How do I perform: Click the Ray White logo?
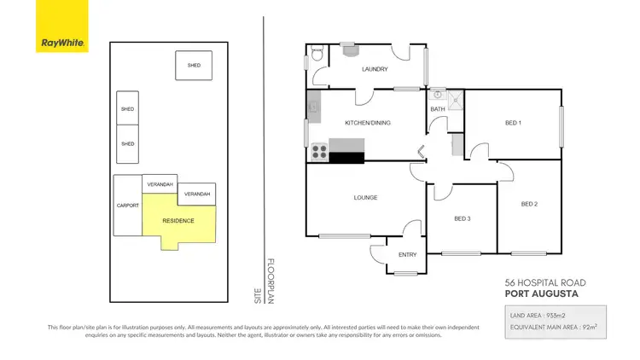(61, 26)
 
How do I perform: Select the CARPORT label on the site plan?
(127, 206)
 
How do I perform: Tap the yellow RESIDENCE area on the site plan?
(177, 221)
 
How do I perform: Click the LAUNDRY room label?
(375, 69)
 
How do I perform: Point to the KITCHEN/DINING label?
(367, 123)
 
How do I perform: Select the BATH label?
(438, 109)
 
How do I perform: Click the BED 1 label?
(513, 123)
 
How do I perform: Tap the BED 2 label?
(529, 204)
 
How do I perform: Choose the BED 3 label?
(462, 219)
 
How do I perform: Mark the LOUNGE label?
(366, 198)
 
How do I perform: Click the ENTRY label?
(408, 254)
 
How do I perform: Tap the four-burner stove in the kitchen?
(318, 152)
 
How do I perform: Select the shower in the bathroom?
(457, 101)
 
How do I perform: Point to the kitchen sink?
(313, 107)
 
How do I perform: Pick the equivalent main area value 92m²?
(585, 326)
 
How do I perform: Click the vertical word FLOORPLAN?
(271, 281)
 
